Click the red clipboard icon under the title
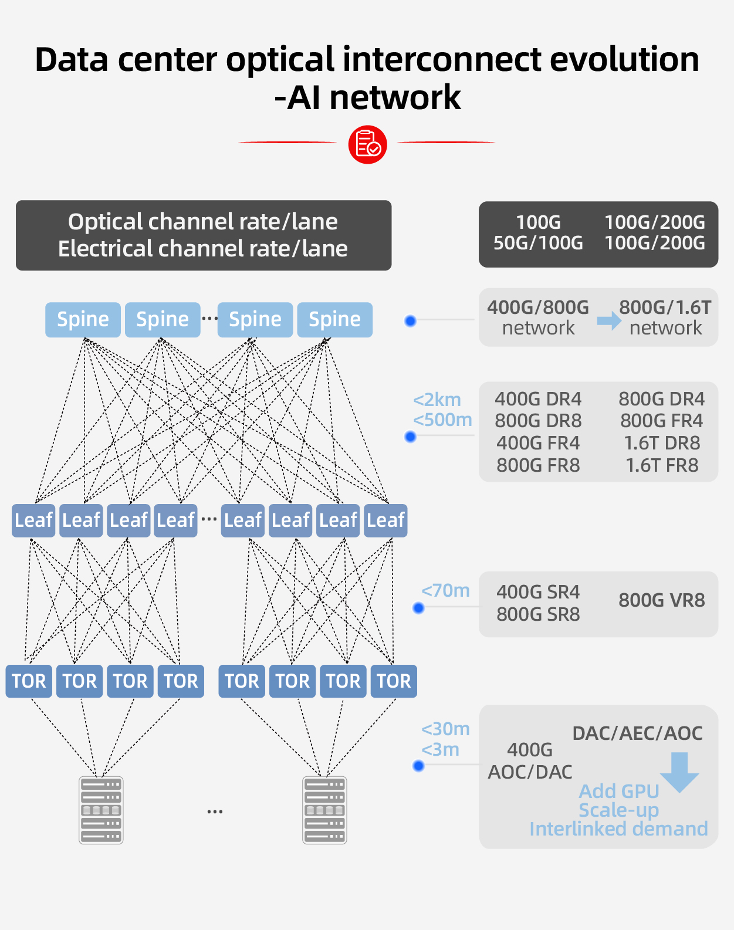click(x=367, y=144)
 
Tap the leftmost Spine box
click(x=83, y=319)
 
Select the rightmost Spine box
click(x=334, y=319)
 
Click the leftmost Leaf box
click(x=33, y=520)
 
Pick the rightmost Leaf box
click(x=385, y=520)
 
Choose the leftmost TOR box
click(x=29, y=681)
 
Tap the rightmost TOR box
click(x=394, y=681)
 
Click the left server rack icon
click(x=101, y=810)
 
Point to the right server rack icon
click(x=324, y=810)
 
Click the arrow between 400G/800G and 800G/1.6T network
click(x=608, y=320)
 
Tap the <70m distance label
click(x=445, y=590)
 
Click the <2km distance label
click(x=437, y=400)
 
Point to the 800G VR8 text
click(x=661, y=600)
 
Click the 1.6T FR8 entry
click(x=662, y=465)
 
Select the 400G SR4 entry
click(x=538, y=592)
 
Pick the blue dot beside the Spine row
click(x=411, y=321)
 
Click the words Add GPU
click(x=619, y=791)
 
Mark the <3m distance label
click(x=440, y=749)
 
